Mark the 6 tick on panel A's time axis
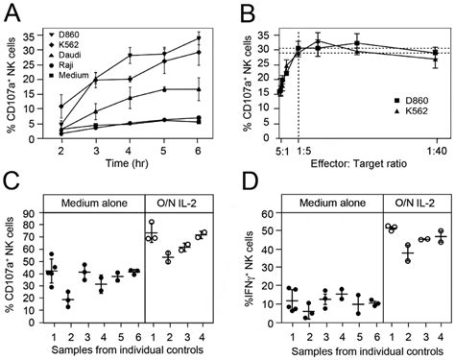(198, 150)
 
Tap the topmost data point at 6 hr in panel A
(198, 38)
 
